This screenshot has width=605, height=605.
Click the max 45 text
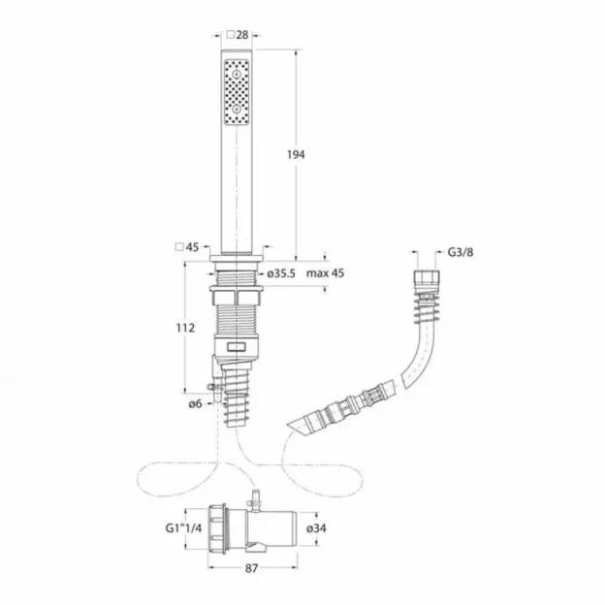tap(326, 273)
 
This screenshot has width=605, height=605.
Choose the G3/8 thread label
tap(461, 253)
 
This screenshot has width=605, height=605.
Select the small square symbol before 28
tap(231, 35)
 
